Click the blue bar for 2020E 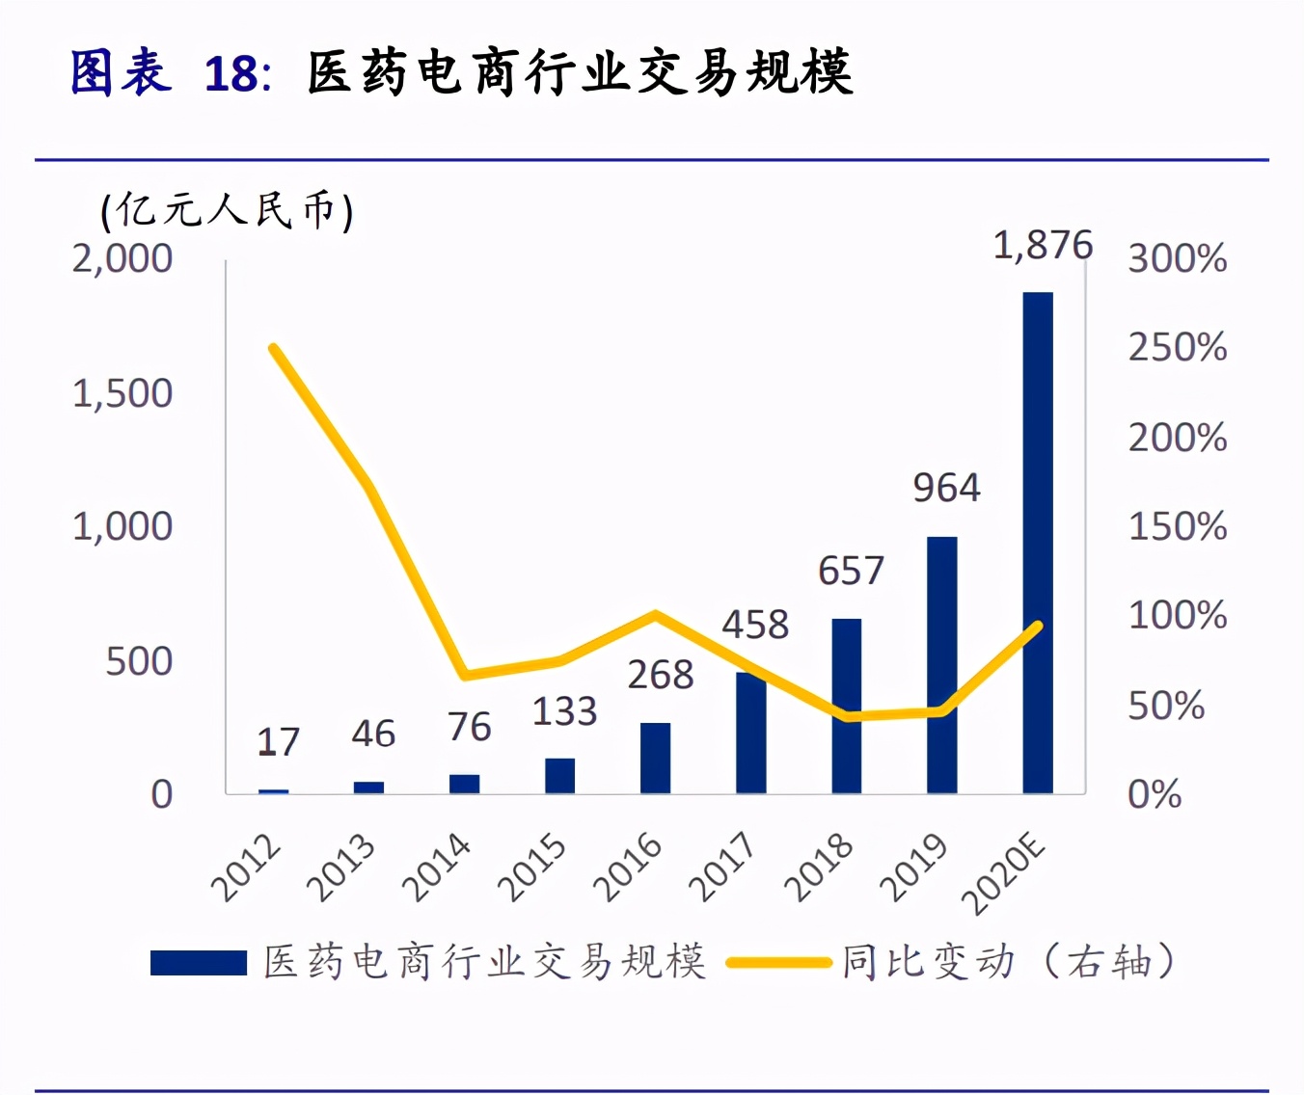pos(1037,543)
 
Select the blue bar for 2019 pos(941,665)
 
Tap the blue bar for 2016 pos(655,758)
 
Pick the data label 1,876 pos(1043,245)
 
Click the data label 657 pos(851,571)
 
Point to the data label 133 pos(564,711)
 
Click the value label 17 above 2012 pos(278,742)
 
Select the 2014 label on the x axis pos(437,868)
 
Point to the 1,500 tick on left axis pos(122,393)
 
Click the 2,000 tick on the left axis pos(122,258)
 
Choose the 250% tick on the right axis pos(1178,348)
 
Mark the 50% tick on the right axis pos(1166,706)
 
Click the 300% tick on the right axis pos(1178,258)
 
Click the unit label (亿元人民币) pos(227,210)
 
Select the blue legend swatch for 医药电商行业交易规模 pos(199,962)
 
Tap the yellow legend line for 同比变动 pos(778,962)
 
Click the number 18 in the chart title pos(231,74)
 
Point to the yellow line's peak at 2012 pos(274,348)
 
